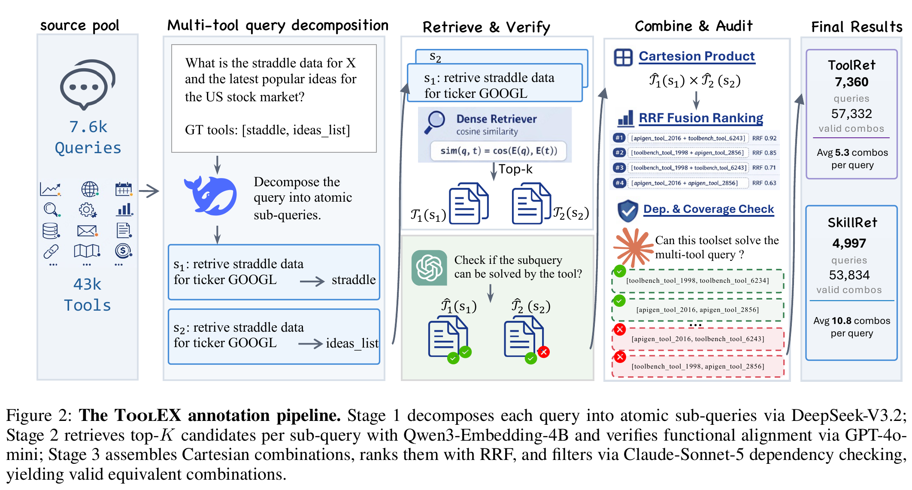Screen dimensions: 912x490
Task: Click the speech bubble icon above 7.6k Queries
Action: pos(88,84)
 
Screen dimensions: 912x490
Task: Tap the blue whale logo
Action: pos(210,195)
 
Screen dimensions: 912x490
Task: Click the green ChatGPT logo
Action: pos(429,268)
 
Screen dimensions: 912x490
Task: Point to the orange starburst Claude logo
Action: pos(633,248)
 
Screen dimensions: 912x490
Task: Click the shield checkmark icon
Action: pos(628,211)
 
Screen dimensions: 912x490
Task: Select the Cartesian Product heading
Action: pos(697,56)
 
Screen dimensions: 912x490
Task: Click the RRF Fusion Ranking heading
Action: pos(701,118)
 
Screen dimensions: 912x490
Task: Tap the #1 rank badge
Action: pos(618,138)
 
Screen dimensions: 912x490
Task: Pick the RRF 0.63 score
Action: pos(764,183)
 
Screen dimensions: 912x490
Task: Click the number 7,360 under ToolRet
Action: pos(851,82)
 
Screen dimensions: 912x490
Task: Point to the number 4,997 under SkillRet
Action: pos(849,243)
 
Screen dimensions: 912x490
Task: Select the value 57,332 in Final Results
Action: pos(851,114)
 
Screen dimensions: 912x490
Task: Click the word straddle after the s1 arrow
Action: pos(354,280)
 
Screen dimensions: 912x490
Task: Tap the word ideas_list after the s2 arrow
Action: pos(352,343)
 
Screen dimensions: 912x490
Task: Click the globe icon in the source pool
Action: pos(90,189)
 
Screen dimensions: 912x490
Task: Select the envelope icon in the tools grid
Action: pos(87,231)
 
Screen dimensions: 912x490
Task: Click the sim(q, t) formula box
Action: pos(499,151)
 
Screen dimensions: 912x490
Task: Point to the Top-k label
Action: pos(515,169)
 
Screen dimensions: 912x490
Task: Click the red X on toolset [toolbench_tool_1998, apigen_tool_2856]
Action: pos(620,357)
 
